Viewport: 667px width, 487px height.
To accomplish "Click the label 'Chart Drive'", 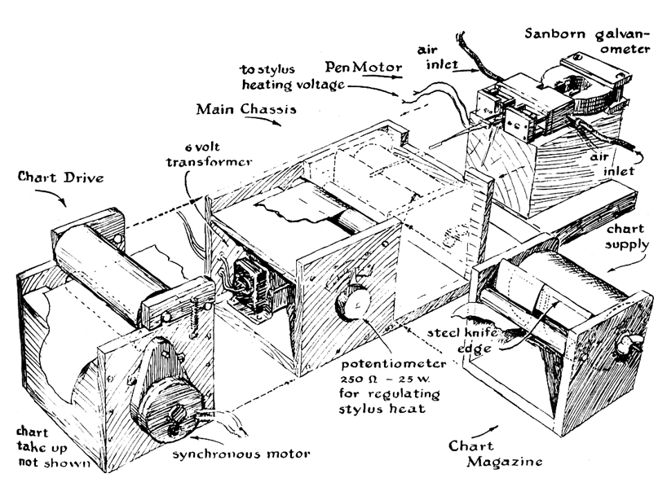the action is [61, 177].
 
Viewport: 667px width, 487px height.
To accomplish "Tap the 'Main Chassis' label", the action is [246, 109].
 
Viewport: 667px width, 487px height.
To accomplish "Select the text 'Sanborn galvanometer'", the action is [588, 41].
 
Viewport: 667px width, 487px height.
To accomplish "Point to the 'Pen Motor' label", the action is [364, 67].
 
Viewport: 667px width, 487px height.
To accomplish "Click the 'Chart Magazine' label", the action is [496, 454].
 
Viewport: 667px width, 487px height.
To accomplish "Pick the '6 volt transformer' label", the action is [209, 155].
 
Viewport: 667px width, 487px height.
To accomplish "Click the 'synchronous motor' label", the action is [241, 454].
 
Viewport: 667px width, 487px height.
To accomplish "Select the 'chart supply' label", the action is [627, 236].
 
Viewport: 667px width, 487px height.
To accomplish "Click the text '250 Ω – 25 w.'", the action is [383, 379].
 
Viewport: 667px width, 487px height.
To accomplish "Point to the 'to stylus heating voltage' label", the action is [293, 77].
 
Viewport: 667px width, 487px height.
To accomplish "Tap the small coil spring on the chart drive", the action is [195, 314].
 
